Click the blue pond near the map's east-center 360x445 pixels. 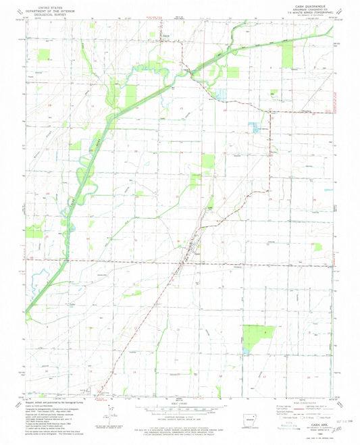pyautogui.click(x=255, y=126)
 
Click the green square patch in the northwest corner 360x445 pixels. pyautogui.click(x=45, y=55)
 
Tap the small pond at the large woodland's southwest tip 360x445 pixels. pyautogui.click(x=245, y=352)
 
